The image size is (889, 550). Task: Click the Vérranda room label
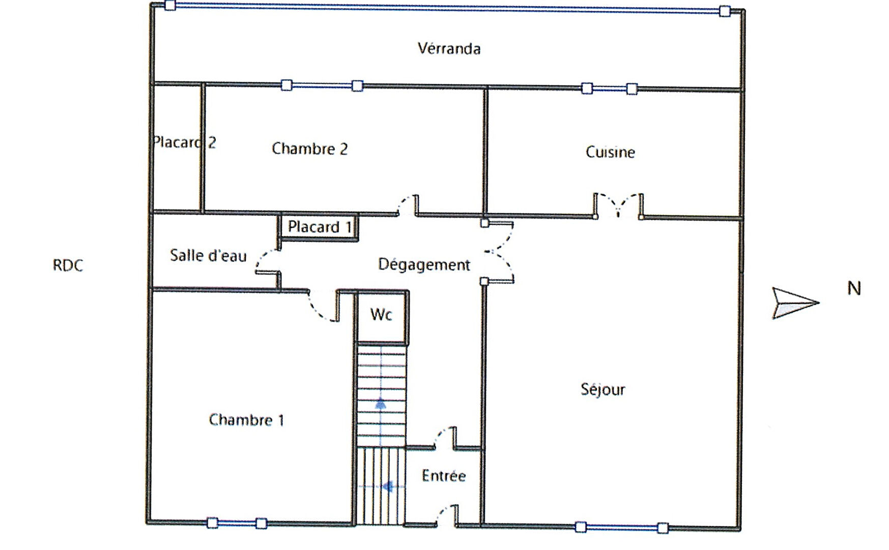tap(449, 48)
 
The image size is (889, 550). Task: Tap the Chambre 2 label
tap(309, 149)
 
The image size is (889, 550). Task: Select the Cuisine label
tap(610, 152)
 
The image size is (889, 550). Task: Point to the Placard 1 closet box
tap(319, 227)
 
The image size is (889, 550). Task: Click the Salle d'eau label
tap(208, 255)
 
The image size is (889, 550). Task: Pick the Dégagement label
tap(424, 265)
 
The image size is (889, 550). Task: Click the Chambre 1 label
tap(246, 420)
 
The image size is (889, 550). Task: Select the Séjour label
tap(603, 390)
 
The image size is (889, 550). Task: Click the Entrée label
tap(444, 476)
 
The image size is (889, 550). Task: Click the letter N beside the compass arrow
tap(854, 289)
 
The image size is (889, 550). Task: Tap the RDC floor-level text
tap(68, 265)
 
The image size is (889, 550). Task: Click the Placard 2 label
tap(184, 142)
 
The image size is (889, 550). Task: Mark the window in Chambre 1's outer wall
tap(237, 523)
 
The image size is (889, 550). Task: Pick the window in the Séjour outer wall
tap(621, 528)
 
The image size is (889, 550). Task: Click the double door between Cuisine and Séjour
tap(618, 206)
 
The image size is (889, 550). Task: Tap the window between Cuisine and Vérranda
tap(610, 89)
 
